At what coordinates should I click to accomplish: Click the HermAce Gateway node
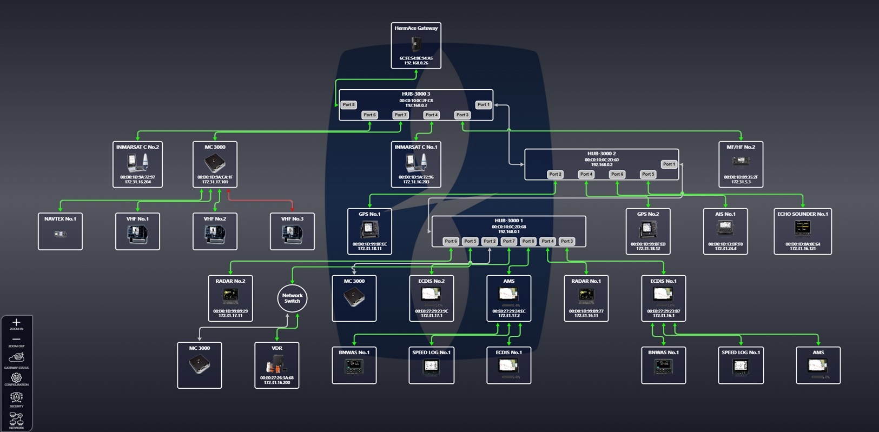point(415,45)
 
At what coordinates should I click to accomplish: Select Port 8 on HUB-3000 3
point(349,104)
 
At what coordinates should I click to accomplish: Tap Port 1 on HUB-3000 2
point(669,164)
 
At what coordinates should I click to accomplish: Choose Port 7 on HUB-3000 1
point(508,241)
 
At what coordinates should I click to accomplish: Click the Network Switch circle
point(292,298)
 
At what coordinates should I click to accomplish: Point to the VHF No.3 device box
point(292,231)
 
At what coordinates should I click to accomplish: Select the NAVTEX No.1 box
point(60,231)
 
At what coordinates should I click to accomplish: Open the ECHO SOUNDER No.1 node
point(802,231)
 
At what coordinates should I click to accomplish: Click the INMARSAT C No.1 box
point(415,164)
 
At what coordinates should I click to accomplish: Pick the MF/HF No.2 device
point(741,164)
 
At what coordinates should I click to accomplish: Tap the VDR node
point(276,365)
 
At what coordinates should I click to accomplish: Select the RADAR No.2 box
point(230,298)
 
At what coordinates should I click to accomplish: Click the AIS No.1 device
point(725,231)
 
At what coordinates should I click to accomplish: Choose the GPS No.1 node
point(369,231)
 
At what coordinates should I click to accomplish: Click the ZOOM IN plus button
point(16,323)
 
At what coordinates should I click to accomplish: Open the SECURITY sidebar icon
point(16,398)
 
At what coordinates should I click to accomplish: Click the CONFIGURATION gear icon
point(16,378)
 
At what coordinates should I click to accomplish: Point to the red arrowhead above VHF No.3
point(293,209)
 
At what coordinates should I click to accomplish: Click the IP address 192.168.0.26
point(415,63)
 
